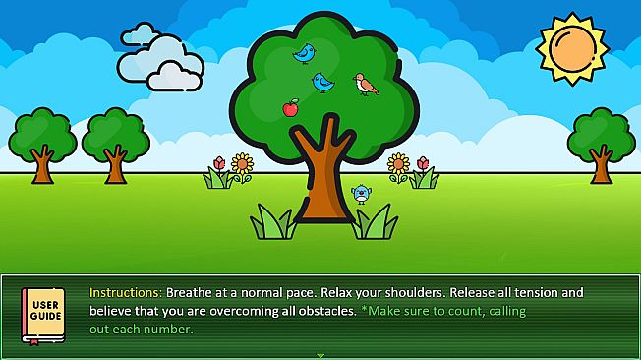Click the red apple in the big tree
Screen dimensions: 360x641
pyautogui.click(x=290, y=107)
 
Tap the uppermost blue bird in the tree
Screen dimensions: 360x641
pyautogui.click(x=304, y=52)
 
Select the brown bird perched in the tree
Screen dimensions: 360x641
pyautogui.click(x=366, y=84)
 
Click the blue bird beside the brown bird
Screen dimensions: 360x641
pyautogui.click(x=322, y=83)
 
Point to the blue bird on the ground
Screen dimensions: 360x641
pyautogui.click(x=361, y=194)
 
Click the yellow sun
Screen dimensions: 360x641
pyautogui.click(x=573, y=47)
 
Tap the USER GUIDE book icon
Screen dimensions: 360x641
pyautogui.click(x=43, y=315)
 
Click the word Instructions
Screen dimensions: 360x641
pyautogui.click(x=125, y=293)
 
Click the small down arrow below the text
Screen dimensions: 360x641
pyautogui.click(x=320, y=354)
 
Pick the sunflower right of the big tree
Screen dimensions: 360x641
pyautogui.click(x=398, y=162)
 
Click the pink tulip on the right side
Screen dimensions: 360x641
pyautogui.click(x=422, y=163)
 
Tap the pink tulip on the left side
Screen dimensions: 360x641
pyautogui.click(x=218, y=163)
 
